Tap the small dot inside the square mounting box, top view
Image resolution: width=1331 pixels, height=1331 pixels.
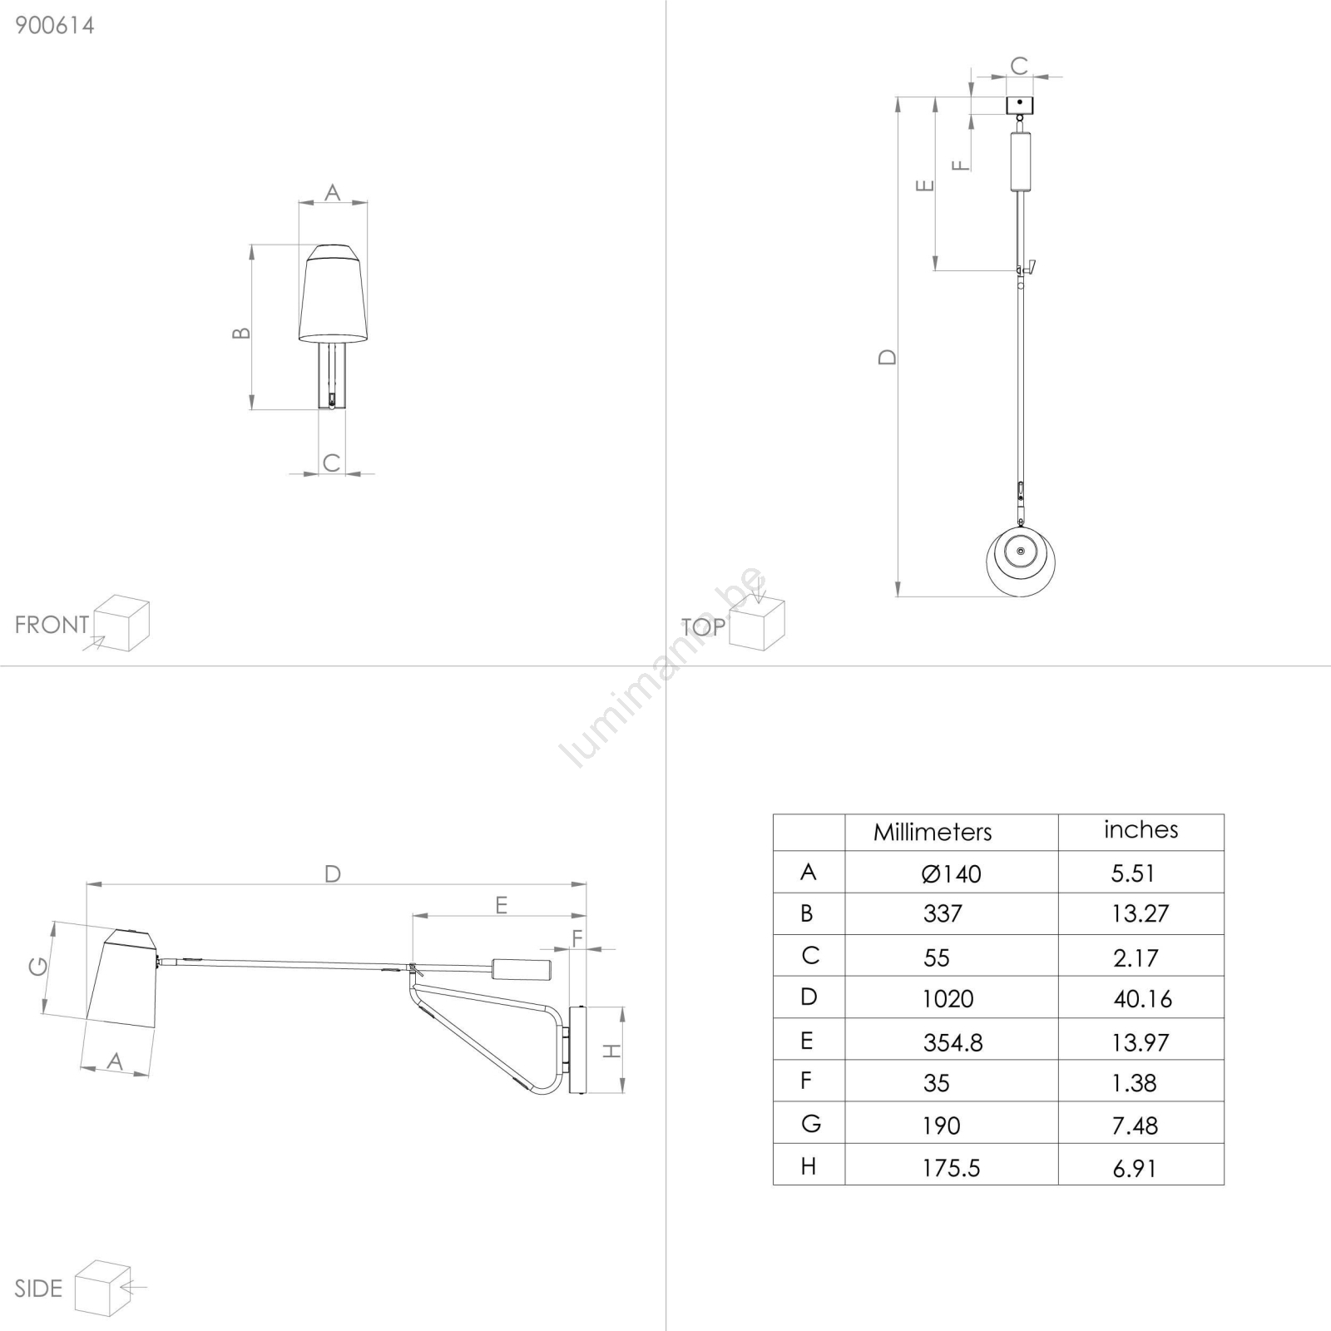[1020, 102]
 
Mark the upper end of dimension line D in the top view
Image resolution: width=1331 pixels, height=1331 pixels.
[898, 97]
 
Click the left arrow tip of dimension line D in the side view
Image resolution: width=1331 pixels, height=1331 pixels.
[87, 884]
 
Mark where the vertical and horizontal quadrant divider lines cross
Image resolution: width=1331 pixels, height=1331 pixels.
[665, 665]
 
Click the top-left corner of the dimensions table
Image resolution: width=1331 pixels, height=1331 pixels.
[774, 814]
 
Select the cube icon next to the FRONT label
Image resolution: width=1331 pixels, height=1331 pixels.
[121, 623]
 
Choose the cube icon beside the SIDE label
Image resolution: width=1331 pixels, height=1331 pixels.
[103, 1288]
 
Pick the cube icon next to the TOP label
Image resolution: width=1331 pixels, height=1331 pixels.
[757, 623]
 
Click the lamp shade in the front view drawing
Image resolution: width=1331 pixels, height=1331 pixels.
[333, 293]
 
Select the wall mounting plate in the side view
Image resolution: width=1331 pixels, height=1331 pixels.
[577, 1050]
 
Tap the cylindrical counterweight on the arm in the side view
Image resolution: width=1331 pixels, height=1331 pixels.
[521, 969]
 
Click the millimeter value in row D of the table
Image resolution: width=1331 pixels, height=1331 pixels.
[948, 998]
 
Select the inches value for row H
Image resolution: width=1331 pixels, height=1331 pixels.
[1135, 1168]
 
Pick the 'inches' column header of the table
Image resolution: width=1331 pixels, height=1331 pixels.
[1141, 829]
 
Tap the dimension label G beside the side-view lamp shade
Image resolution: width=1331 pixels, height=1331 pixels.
[38, 966]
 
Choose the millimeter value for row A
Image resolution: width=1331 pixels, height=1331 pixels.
[951, 873]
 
